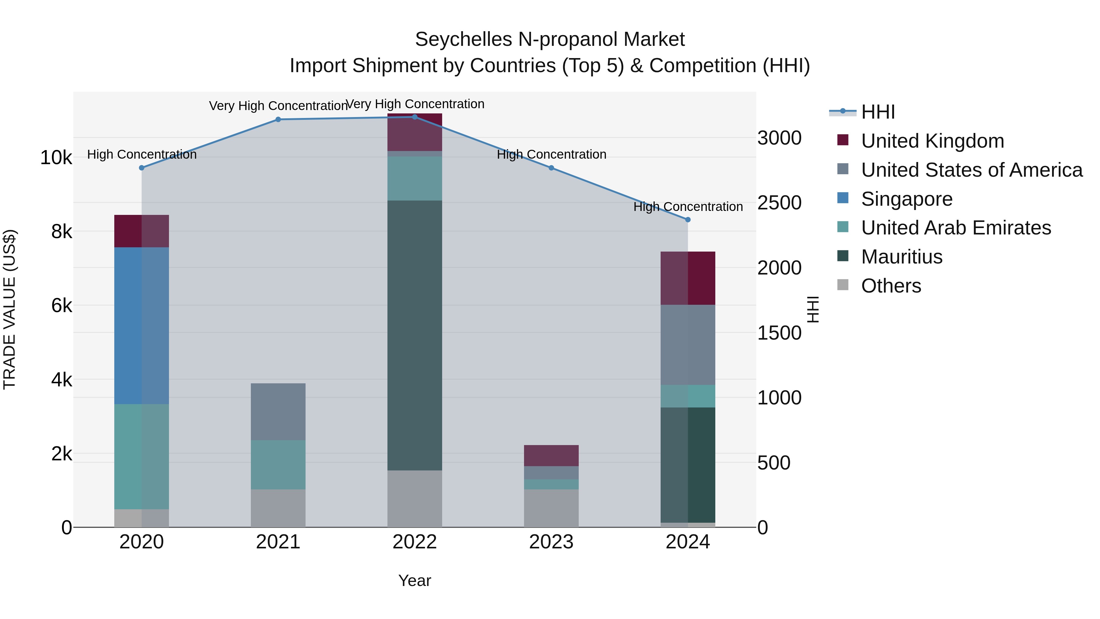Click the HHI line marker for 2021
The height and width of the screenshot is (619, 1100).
point(278,119)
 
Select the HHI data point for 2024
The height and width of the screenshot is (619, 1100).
point(687,219)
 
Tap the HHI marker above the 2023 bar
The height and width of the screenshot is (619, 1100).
point(551,168)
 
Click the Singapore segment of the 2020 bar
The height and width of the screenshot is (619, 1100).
point(141,326)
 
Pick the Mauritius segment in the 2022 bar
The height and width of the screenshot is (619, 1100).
point(414,335)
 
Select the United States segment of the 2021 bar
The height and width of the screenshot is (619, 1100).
point(278,411)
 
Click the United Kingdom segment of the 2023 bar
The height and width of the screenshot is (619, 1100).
point(551,455)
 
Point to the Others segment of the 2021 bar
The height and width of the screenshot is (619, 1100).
point(278,508)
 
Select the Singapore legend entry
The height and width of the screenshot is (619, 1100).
point(907,199)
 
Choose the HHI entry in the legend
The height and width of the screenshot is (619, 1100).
point(878,112)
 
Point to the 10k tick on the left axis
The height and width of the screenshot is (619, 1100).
point(56,158)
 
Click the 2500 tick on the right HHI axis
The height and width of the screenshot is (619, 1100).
point(779,203)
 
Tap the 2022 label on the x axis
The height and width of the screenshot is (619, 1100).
point(414,542)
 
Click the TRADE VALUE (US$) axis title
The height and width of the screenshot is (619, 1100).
point(9,309)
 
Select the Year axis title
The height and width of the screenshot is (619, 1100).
point(414,580)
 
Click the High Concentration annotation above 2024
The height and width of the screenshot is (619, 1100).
point(687,207)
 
